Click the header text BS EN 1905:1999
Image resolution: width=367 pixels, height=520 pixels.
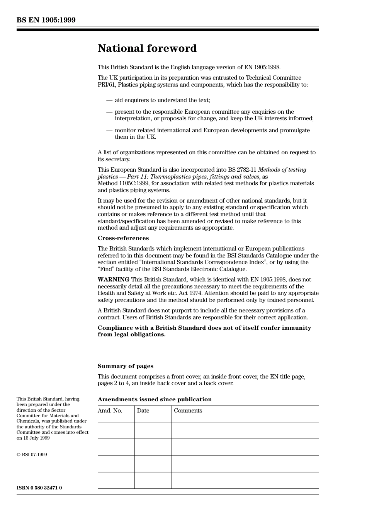pyautogui.click(x=46, y=20)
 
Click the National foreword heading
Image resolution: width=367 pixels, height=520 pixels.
pyautogui.click(x=147, y=48)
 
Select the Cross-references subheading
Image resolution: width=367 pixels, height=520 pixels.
pyautogui.click(x=123, y=238)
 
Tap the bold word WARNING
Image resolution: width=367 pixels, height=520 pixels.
pyautogui.click(x=113, y=280)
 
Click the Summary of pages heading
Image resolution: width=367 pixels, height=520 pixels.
pyautogui.click(x=125, y=366)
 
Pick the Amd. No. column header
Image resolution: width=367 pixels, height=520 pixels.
pyautogui.click(x=110, y=411)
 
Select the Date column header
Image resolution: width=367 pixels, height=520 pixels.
pyautogui.click(x=143, y=411)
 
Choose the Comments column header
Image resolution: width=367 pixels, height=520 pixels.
pyautogui.click(x=188, y=411)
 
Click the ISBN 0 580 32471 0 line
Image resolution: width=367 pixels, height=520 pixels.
pyautogui.click(x=39, y=488)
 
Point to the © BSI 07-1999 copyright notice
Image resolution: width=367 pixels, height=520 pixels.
pyautogui.click(x=32, y=455)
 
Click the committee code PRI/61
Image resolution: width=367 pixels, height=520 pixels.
pyautogui.click(x=107, y=85)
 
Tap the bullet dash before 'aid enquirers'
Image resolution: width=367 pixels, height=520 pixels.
pyautogui.click(x=109, y=101)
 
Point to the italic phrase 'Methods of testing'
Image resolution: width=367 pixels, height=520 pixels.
pyautogui.click(x=282, y=170)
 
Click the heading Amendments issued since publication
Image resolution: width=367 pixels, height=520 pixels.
pyautogui.click(x=155, y=399)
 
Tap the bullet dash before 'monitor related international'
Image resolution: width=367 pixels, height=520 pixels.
pyautogui.click(x=109, y=131)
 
